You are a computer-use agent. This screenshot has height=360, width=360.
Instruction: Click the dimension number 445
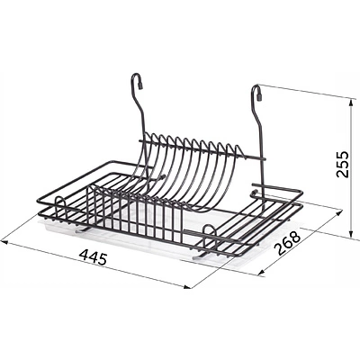[x=93, y=257]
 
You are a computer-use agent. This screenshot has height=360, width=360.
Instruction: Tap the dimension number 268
[x=288, y=242]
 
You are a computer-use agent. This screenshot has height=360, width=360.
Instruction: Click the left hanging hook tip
[x=140, y=86]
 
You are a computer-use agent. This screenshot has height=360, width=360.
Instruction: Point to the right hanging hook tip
[x=259, y=97]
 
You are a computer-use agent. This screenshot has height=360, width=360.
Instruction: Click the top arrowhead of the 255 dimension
[x=350, y=103]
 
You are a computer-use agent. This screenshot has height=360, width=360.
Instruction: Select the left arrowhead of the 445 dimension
[x=4, y=242]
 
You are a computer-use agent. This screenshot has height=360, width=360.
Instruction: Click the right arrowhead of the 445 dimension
[x=186, y=287]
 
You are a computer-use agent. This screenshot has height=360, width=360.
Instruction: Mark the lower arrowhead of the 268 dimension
[x=261, y=273]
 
